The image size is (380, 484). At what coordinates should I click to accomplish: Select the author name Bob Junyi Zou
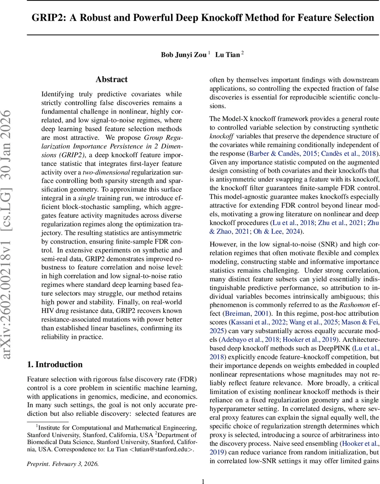(184, 54)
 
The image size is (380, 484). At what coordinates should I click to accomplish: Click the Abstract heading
(111, 79)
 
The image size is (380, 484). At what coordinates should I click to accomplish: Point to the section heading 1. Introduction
(55, 365)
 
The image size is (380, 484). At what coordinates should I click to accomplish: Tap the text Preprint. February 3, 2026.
(63, 453)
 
